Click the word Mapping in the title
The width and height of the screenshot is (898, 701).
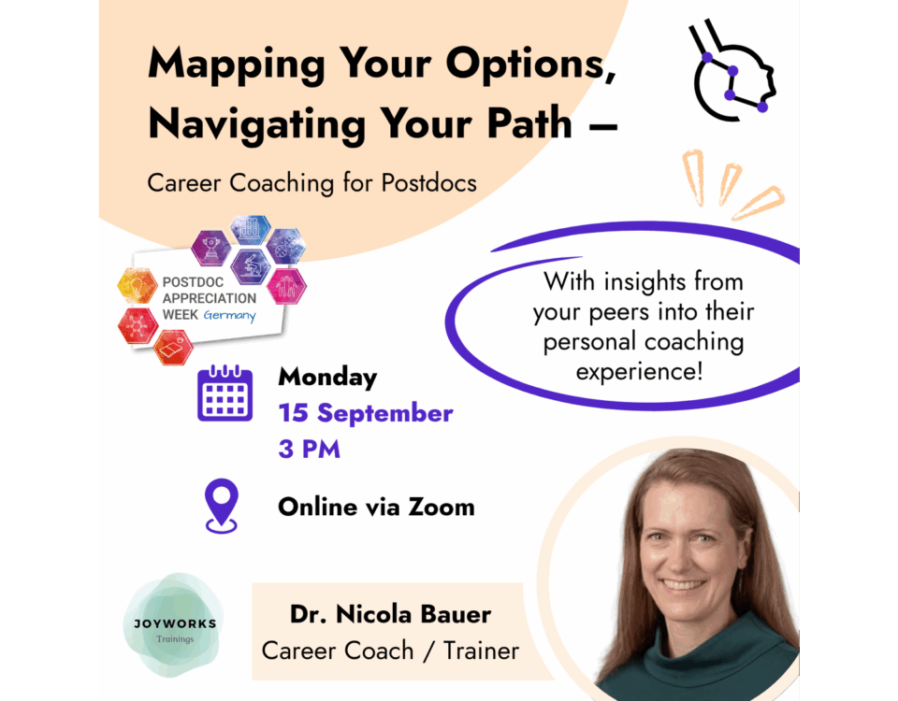(x=237, y=65)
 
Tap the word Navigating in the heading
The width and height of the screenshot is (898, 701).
(x=257, y=124)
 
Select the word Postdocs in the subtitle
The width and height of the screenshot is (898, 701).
(x=429, y=183)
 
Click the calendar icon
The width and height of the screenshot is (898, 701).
(x=225, y=393)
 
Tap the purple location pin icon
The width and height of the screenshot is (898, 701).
(x=222, y=506)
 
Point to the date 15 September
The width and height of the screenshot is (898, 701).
(x=366, y=413)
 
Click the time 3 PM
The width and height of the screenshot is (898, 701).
(x=310, y=450)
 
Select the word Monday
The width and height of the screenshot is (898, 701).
(x=327, y=378)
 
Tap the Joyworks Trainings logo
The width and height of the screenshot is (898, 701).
(x=174, y=625)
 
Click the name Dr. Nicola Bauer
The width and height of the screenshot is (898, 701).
(x=390, y=614)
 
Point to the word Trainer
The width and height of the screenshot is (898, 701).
(x=481, y=651)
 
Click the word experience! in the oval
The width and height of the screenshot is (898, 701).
(x=639, y=373)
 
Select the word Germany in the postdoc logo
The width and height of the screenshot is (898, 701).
(x=230, y=315)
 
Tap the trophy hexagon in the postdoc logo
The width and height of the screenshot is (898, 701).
(x=210, y=247)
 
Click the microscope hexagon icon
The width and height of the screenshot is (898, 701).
(x=250, y=266)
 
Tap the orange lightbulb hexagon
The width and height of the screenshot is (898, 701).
(x=138, y=285)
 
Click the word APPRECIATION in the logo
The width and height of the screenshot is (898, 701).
(x=210, y=298)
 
